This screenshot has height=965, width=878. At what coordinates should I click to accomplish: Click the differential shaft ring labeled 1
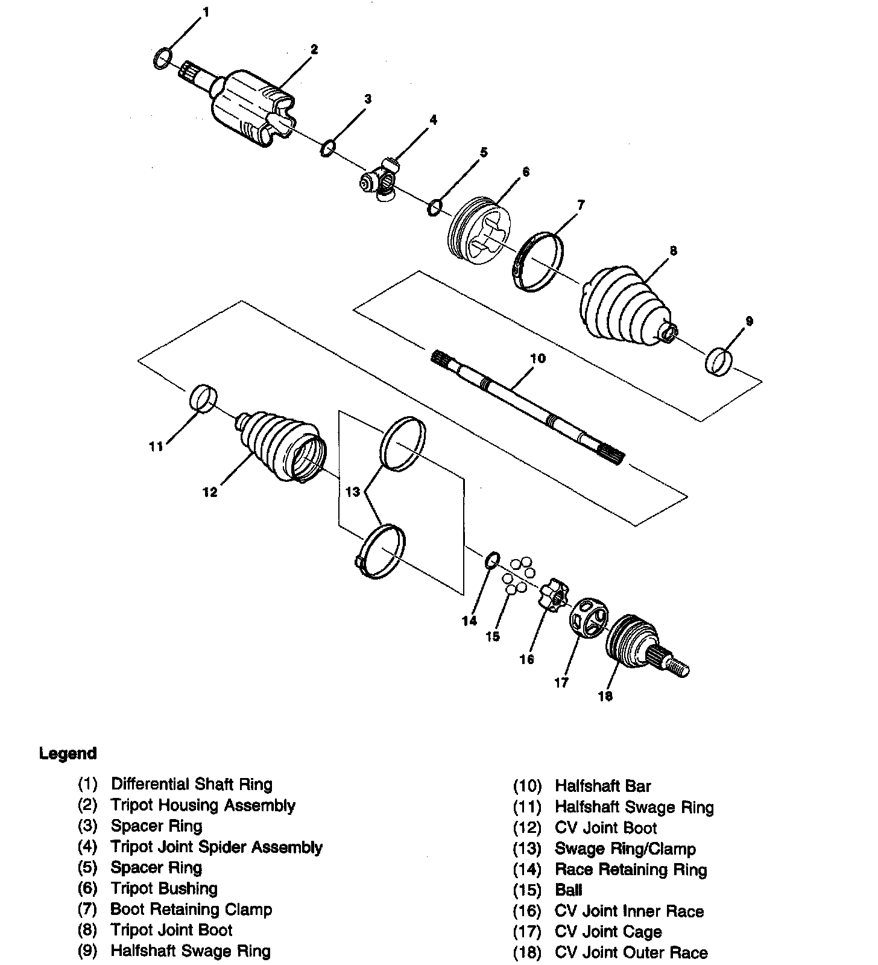pos(162,59)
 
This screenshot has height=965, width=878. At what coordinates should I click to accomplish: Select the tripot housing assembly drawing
pos(250,109)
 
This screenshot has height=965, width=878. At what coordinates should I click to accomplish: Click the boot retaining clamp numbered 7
pos(538,262)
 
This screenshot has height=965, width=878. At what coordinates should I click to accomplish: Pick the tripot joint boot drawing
pos(624,308)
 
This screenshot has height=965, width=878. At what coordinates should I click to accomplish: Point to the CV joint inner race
pos(554,593)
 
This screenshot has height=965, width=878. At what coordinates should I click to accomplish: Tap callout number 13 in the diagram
pos(353,492)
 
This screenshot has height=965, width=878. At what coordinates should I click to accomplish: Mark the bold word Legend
pos(68,753)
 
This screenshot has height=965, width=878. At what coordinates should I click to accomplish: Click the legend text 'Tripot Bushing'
pos(164,888)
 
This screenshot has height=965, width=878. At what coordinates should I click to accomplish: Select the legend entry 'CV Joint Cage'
pos(608,932)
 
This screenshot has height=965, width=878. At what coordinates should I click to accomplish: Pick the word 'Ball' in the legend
pos(569,890)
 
